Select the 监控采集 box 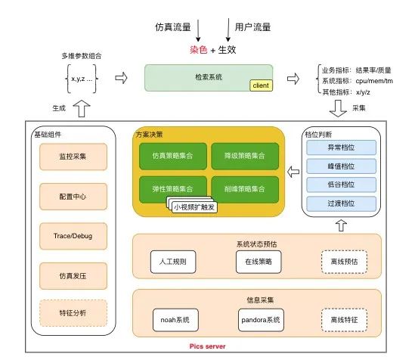click(73, 157)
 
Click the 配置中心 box click(73, 196)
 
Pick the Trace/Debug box click(73, 235)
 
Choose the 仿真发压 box click(73, 275)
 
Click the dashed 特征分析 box click(73, 312)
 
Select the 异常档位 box click(340, 148)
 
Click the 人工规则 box click(172, 261)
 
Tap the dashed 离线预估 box click(344, 261)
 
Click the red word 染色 click(197, 50)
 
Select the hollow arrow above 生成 click(83, 110)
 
